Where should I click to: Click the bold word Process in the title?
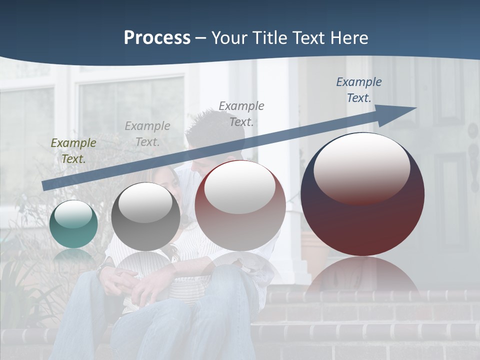(x=157, y=38)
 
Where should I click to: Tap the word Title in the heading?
(x=269, y=38)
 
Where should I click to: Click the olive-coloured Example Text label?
(x=73, y=150)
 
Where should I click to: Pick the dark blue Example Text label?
(x=358, y=90)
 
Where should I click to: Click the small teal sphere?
(x=73, y=224)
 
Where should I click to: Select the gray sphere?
(x=145, y=217)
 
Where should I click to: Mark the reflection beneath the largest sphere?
(x=362, y=275)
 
